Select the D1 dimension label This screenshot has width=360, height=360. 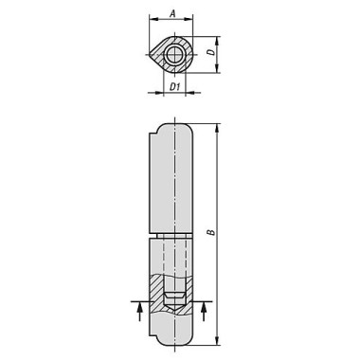click(173, 88)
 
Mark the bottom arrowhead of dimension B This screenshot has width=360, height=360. click(217, 344)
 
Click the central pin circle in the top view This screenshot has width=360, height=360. click(174, 56)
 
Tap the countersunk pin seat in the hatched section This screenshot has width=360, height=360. click(174, 298)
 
